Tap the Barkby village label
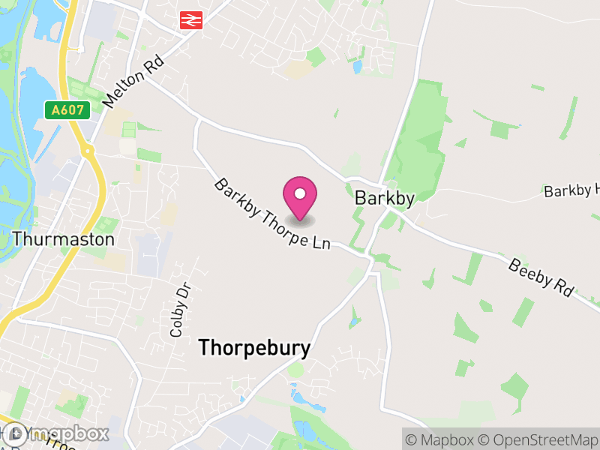pos(385,199)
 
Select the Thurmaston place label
pos(64,239)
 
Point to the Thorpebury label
pos(253,349)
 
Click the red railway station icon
pos(190,20)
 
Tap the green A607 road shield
pos(67,110)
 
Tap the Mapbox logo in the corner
pos(56,433)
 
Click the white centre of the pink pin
pos(300,194)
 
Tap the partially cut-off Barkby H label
pos(572,190)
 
